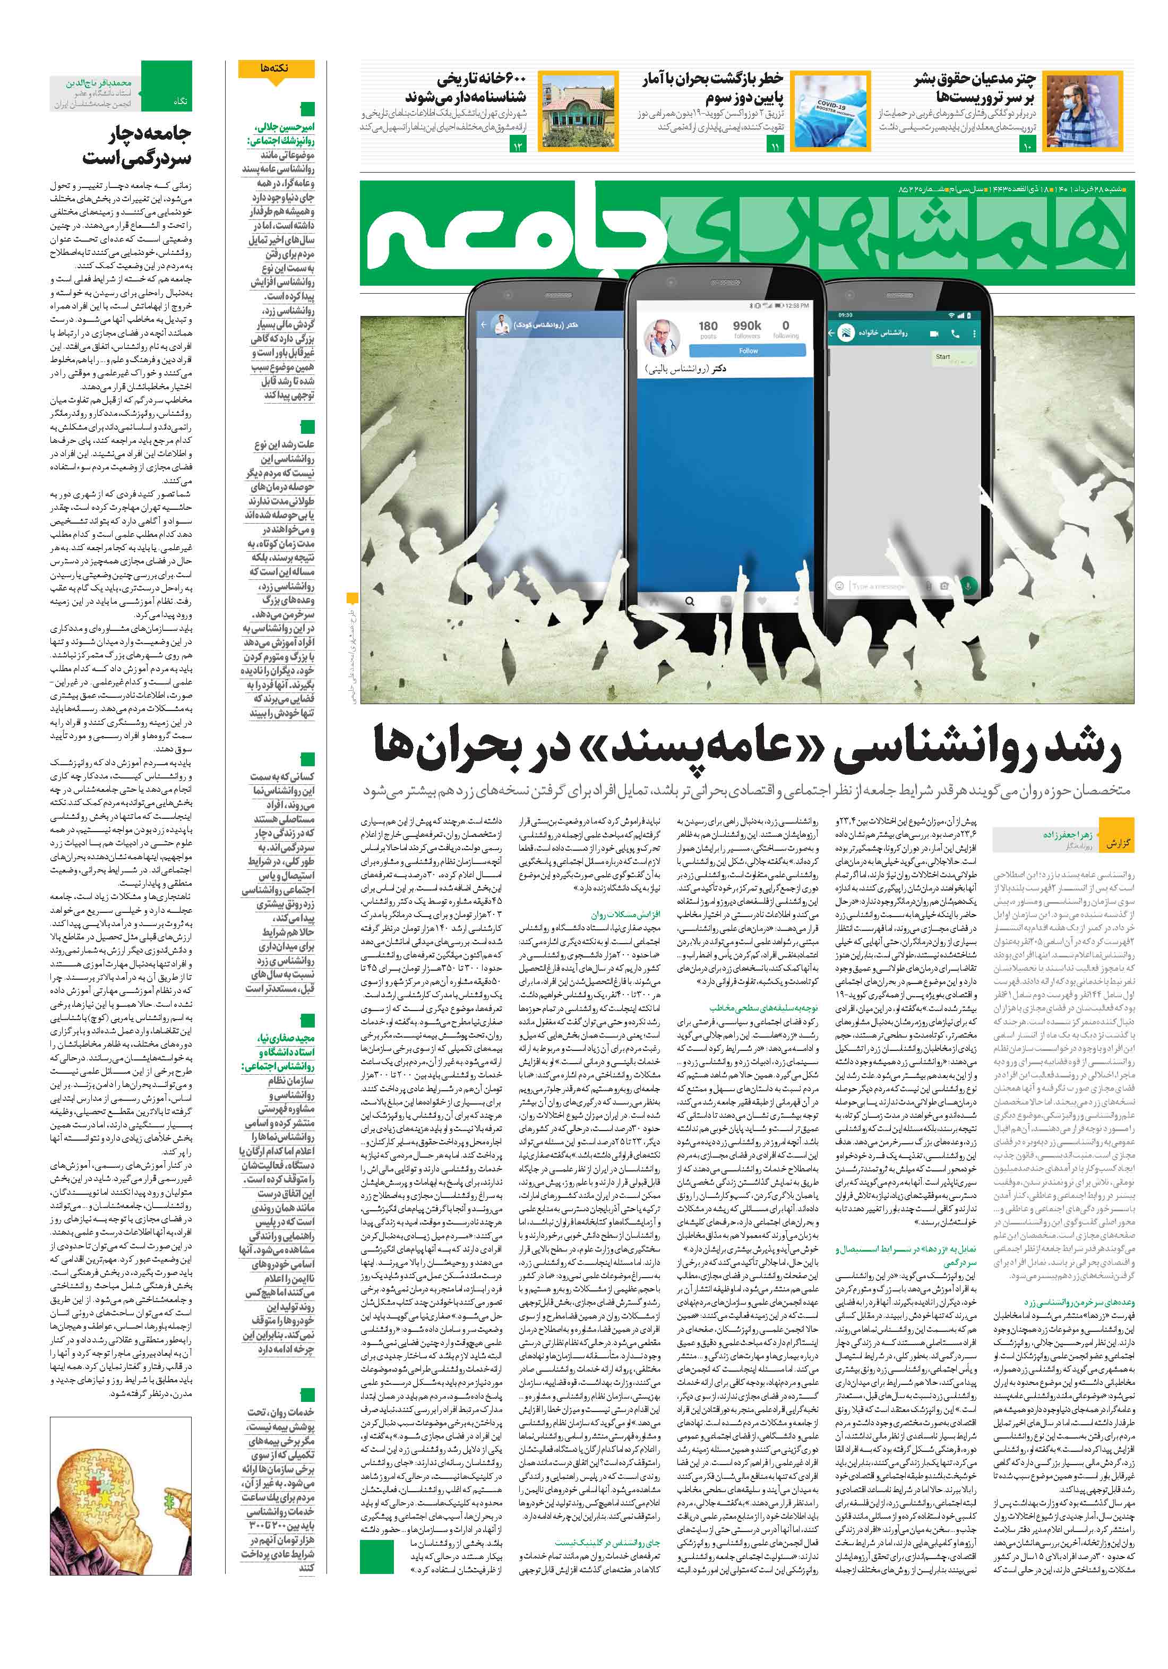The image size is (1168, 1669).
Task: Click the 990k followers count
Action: pyautogui.click(x=746, y=327)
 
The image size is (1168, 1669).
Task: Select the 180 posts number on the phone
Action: pyautogui.click(x=708, y=327)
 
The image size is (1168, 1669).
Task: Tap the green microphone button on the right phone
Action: pyautogui.click(x=967, y=585)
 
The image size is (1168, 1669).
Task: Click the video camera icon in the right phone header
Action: pyautogui.click(x=934, y=333)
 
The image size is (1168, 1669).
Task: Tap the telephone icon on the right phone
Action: pyautogui.click(x=955, y=333)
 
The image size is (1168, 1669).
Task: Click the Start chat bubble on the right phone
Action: pyautogui.click(x=943, y=357)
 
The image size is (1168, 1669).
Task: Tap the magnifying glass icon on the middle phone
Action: pyautogui.click(x=689, y=601)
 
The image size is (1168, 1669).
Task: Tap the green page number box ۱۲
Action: pyautogui.click(x=518, y=146)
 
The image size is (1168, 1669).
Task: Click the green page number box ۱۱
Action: pyautogui.click(x=774, y=146)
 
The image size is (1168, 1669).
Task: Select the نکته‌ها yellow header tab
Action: pyautogui.click(x=276, y=70)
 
